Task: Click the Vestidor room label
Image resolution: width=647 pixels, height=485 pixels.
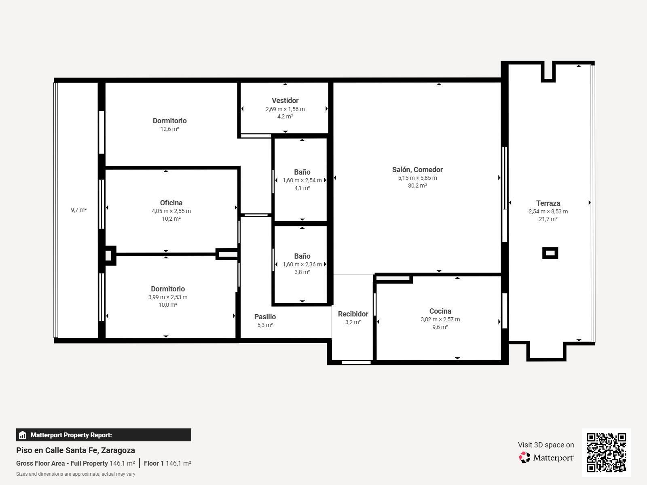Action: pos(285,101)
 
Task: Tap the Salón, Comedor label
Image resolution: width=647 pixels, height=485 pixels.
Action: pos(417,170)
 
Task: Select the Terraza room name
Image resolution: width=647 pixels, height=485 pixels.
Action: pos(548,203)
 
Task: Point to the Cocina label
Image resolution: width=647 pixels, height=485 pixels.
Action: pos(440,311)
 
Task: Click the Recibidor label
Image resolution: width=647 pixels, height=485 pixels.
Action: pos(353,314)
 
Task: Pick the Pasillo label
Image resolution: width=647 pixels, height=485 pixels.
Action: pos(265,317)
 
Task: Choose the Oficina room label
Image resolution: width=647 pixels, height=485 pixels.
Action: pos(171,203)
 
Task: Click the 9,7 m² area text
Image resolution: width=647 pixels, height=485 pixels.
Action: pos(79,210)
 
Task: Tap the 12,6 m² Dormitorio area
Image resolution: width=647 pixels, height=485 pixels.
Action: pos(169,129)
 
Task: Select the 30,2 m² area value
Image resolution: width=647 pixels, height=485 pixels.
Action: pos(417,186)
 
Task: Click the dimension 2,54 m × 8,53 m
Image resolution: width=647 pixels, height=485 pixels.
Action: pos(548,211)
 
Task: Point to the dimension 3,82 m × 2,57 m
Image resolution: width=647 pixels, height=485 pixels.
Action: pos(440,320)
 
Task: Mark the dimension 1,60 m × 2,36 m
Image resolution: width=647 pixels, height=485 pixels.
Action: pos(302,264)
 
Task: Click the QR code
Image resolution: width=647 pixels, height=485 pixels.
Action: pos(606,453)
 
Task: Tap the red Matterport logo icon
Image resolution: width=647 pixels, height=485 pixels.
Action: pos(524,458)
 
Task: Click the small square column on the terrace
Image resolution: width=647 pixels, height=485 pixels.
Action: pos(550,253)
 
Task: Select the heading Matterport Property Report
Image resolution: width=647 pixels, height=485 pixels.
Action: pos(71,435)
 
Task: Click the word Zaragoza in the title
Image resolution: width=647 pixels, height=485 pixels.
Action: pos(118,451)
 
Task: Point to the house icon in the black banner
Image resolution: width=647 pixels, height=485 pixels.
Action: pos(22,435)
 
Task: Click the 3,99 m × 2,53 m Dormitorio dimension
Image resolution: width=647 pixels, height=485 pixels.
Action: pos(168,297)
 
